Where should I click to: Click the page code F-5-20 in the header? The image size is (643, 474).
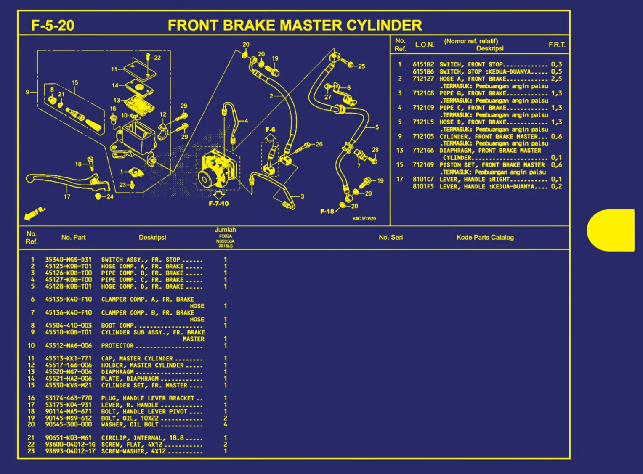click(53, 26)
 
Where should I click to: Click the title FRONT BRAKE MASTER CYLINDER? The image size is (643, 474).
click(295, 25)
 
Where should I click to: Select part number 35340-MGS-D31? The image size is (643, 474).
click(68, 260)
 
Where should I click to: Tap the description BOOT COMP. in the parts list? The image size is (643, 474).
click(117, 326)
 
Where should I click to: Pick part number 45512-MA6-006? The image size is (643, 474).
click(68, 345)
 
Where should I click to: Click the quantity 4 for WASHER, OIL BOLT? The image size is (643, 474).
click(226, 425)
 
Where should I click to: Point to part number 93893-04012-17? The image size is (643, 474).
click(70, 451)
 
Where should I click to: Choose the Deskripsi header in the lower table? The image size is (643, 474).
click(152, 237)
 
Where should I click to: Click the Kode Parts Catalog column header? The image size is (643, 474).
click(485, 237)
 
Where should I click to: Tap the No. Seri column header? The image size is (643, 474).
click(391, 237)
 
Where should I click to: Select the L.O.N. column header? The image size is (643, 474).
click(424, 45)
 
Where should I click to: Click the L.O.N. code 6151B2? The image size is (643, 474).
click(423, 64)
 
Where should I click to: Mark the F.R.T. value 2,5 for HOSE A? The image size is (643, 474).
click(556, 79)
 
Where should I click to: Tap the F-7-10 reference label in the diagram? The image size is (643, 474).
click(218, 204)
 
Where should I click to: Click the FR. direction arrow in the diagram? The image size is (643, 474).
click(34, 214)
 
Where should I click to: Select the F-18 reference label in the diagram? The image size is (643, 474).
click(327, 211)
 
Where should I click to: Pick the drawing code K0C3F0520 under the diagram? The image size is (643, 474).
click(364, 218)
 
